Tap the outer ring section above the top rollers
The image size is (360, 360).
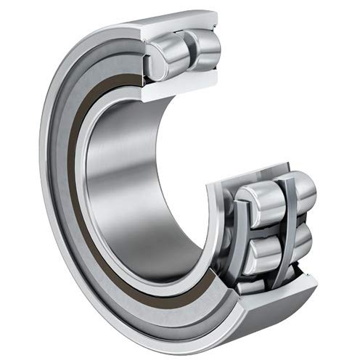click(x=181, y=22)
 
